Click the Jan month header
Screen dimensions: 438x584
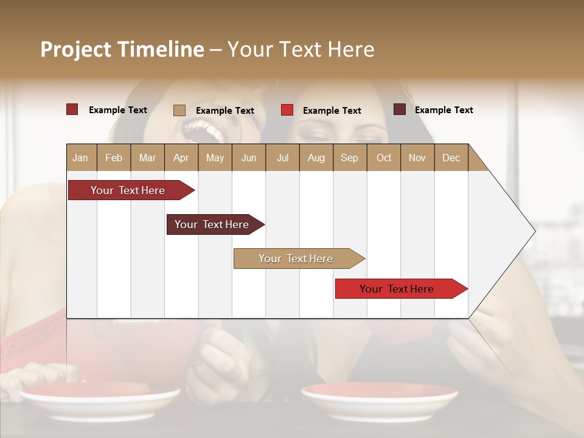point(81,158)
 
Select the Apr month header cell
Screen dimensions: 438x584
point(181,158)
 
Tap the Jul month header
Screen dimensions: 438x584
point(282,158)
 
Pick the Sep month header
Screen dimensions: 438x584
point(350,158)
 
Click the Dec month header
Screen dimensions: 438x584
point(451,158)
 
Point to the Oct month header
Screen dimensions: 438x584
point(384,158)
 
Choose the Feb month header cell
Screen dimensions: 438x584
point(114,158)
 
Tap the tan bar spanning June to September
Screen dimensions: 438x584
point(296,259)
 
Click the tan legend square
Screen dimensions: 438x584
point(179,110)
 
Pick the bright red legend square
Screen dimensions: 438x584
point(287,110)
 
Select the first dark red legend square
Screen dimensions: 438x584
point(72,109)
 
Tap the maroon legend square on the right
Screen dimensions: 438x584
point(400,109)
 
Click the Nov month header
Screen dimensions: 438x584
point(417,158)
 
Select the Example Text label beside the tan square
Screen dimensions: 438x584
point(225,111)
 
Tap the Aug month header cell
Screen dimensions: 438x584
point(316,158)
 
